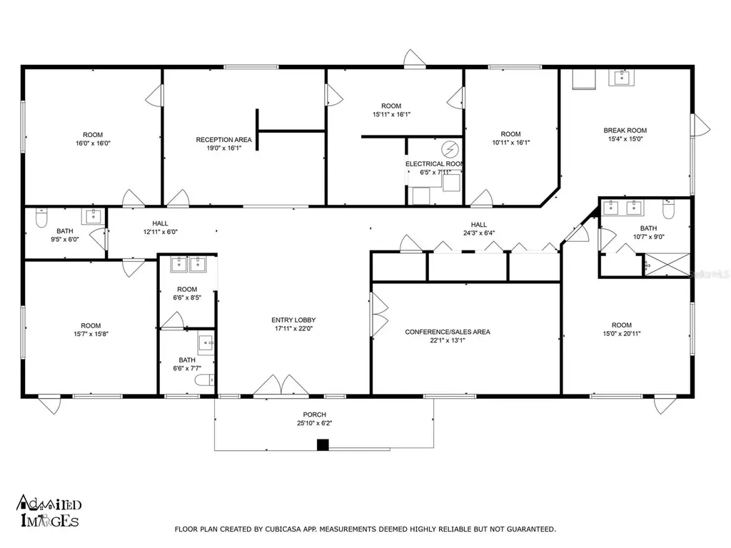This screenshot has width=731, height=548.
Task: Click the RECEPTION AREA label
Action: point(223,139)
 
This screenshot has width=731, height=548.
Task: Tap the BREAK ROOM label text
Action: point(625,130)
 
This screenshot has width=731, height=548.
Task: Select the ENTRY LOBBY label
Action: point(293,320)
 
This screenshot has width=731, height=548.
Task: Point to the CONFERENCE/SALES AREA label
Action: point(448,332)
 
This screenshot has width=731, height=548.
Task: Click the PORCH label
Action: point(313,415)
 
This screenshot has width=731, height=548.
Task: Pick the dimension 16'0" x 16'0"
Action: point(93,143)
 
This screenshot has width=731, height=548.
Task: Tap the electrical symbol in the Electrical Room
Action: point(450,150)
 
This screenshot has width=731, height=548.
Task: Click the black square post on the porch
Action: point(323,445)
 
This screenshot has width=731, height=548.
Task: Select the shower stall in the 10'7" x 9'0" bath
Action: point(667,264)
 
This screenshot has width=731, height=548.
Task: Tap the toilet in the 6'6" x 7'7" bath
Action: point(206,380)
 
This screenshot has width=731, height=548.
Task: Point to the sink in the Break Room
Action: point(620,78)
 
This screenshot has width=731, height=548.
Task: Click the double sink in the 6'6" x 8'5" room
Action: point(189,265)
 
